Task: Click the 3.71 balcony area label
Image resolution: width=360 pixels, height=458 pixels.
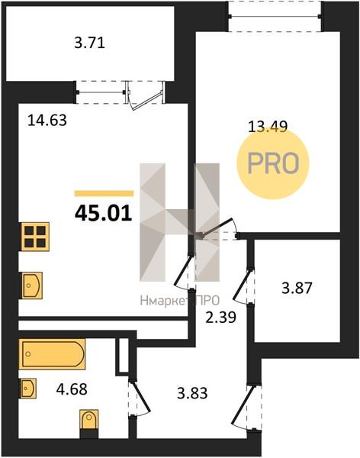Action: point(89,44)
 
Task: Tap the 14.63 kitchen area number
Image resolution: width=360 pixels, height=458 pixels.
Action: point(47,120)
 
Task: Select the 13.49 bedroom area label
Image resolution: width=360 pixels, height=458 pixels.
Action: point(268,127)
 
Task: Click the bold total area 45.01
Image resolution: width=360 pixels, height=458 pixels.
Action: point(104,214)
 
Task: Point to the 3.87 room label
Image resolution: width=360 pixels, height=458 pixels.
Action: point(297,288)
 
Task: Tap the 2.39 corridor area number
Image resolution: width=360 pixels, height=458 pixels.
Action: point(220,318)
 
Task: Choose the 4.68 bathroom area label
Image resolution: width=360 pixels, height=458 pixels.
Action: point(72,389)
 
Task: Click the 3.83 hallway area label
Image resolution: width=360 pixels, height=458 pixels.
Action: point(192,393)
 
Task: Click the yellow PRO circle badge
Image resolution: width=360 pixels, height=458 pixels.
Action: point(272,164)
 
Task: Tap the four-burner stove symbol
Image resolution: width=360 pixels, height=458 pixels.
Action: point(35,237)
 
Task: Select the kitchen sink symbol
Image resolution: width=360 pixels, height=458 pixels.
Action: point(31,285)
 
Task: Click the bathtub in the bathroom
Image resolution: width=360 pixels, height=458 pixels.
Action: point(53,354)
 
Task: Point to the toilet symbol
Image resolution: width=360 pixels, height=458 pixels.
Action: point(89,423)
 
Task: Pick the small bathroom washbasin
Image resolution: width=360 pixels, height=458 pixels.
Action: point(28,389)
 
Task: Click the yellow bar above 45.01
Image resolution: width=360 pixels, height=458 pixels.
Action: point(104,193)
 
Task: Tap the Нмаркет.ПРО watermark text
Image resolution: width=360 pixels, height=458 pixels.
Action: point(179,301)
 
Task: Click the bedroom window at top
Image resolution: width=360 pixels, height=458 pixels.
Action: point(275,16)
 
